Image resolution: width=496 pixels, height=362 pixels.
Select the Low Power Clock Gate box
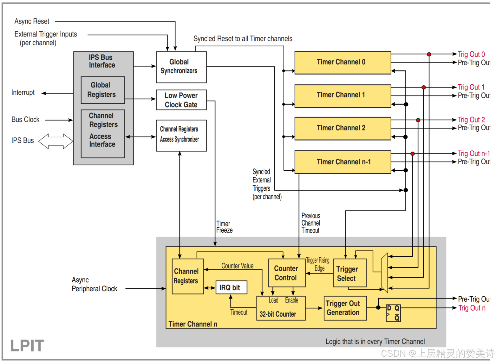[x=181, y=100]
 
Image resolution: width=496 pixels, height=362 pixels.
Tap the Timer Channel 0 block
[x=343, y=63]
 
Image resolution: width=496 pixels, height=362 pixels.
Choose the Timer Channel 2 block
[x=343, y=128]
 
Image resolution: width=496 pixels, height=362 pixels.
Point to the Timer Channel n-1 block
[x=343, y=162]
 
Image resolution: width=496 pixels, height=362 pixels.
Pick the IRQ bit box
[x=231, y=287]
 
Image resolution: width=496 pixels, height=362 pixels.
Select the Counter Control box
[x=286, y=273]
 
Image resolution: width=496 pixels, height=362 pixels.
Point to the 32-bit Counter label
[x=278, y=314]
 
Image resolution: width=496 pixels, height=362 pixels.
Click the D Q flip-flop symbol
[x=393, y=313]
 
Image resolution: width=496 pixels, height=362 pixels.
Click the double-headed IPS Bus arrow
[x=56, y=141]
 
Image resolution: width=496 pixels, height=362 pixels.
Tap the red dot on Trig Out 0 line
[x=429, y=54]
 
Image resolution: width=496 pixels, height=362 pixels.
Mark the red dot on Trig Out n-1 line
[x=413, y=154]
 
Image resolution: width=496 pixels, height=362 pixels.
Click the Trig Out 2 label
[x=471, y=120]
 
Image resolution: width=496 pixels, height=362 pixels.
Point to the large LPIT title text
[x=27, y=346]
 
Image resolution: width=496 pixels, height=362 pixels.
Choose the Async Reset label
[x=32, y=21]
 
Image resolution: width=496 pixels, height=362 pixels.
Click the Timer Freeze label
[x=224, y=227]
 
